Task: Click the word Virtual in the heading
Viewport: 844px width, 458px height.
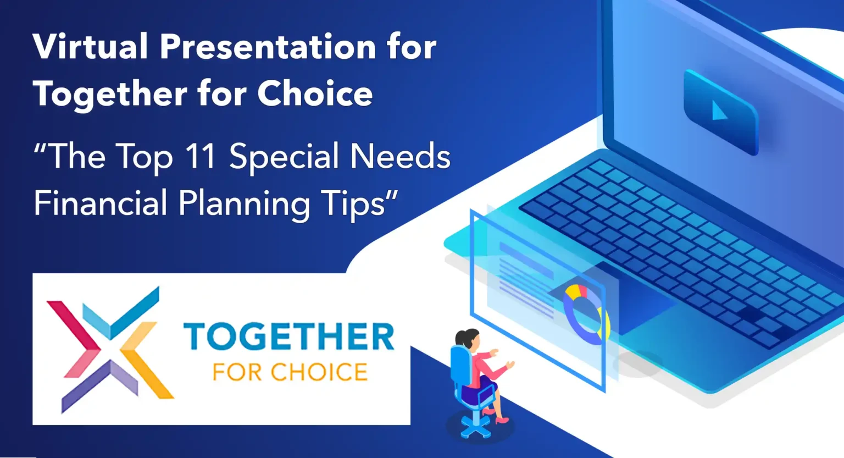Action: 90,46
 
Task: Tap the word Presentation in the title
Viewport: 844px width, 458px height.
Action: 268,46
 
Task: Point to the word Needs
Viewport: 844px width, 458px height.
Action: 400,155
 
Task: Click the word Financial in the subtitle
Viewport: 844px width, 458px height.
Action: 100,202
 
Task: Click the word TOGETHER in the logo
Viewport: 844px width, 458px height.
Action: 289,336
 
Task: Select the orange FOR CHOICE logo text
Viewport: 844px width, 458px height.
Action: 290,372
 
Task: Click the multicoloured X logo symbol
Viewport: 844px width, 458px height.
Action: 110,350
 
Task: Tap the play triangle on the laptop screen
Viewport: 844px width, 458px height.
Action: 719,111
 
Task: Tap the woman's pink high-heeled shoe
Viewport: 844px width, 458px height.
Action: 502,420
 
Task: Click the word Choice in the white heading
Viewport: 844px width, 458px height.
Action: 315,93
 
